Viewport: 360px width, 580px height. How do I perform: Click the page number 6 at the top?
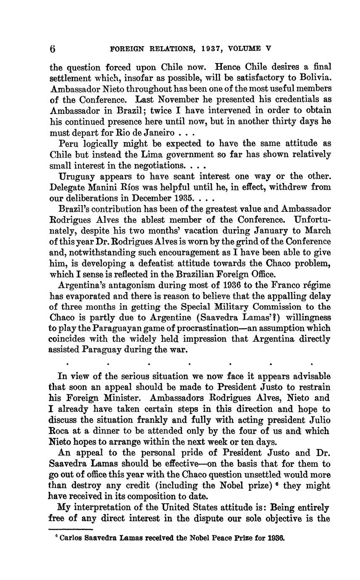[x=53, y=48]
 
